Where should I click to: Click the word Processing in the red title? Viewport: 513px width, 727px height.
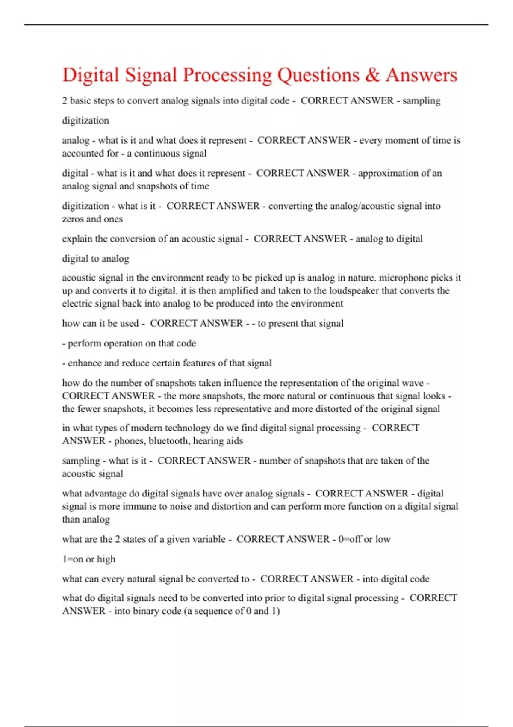[227, 75]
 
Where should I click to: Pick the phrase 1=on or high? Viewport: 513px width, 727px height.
[88, 559]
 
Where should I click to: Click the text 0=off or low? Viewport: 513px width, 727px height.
[364, 539]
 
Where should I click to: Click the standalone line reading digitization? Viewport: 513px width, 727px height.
[85, 121]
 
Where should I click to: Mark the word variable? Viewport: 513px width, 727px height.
[207, 539]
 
